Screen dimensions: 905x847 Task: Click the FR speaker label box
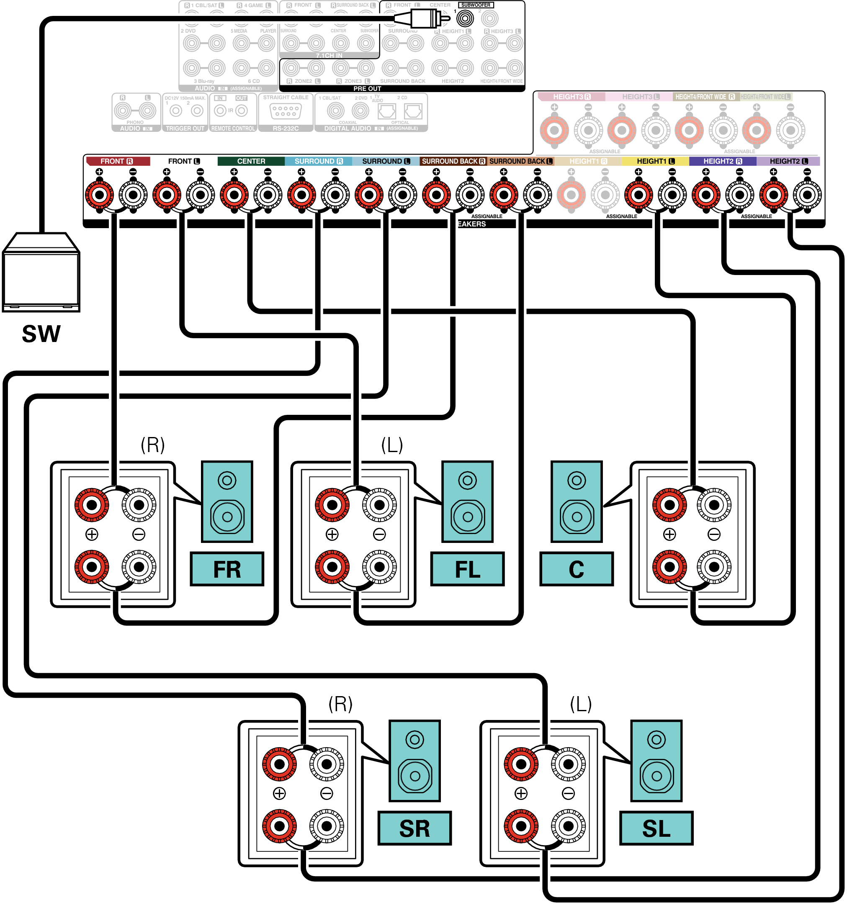(x=227, y=569)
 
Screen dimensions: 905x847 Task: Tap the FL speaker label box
(x=468, y=569)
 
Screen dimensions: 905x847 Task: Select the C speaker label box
(x=577, y=569)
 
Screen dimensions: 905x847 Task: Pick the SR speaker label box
(x=414, y=828)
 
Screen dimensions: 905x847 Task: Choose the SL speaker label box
(x=656, y=828)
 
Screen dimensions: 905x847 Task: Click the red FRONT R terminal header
(x=118, y=161)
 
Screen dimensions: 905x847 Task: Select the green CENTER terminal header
(x=251, y=161)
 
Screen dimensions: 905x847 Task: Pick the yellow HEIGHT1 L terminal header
(x=655, y=161)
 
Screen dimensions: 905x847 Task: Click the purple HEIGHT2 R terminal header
(x=723, y=161)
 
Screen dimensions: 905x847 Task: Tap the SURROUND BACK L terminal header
(x=520, y=161)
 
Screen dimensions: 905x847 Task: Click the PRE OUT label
(x=367, y=89)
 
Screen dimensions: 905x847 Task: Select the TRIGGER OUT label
(x=185, y=129)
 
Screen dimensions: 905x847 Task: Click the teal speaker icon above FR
(x=227, y=501)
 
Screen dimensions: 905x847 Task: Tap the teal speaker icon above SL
(x=656, y=761)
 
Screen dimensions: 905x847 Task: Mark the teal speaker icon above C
(x=577, y=501)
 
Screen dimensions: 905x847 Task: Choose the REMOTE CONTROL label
(x=233, y=129)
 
